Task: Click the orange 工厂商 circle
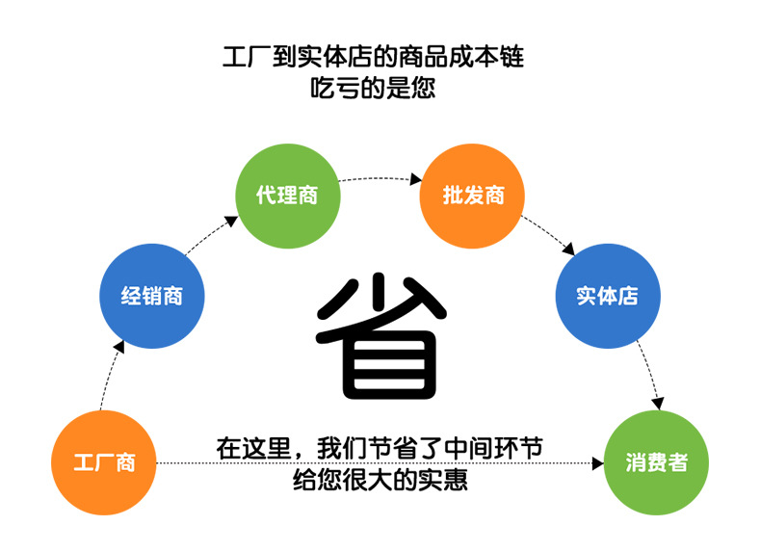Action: coord(105,462)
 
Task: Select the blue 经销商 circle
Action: coord(151,296)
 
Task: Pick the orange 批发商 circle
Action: coord(473,196)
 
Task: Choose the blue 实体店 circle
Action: coord(608,296)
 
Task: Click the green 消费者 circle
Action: coord(656,462)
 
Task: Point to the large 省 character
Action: coord(380,337)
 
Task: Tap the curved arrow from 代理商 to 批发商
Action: coord(380,178)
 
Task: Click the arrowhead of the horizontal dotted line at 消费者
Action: coord(594,463)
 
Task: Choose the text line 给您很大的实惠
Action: coord(380,479)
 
